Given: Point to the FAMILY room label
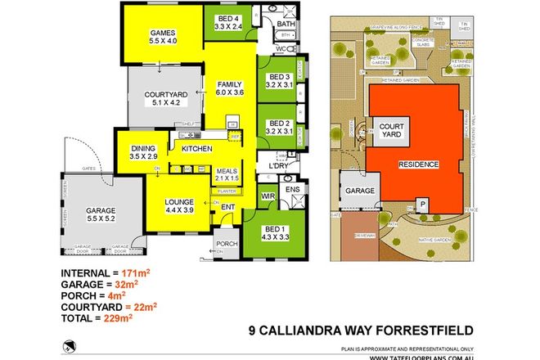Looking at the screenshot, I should click(x=230, y=84).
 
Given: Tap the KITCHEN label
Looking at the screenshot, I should click(x=198, y=148).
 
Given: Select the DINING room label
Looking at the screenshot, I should click(x=143, y=147).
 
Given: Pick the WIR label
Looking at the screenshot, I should click(x=268, y=196).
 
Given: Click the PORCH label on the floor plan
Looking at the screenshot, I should click(x=225, y=243).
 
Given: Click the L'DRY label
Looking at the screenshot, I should click(x=269, y=169).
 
